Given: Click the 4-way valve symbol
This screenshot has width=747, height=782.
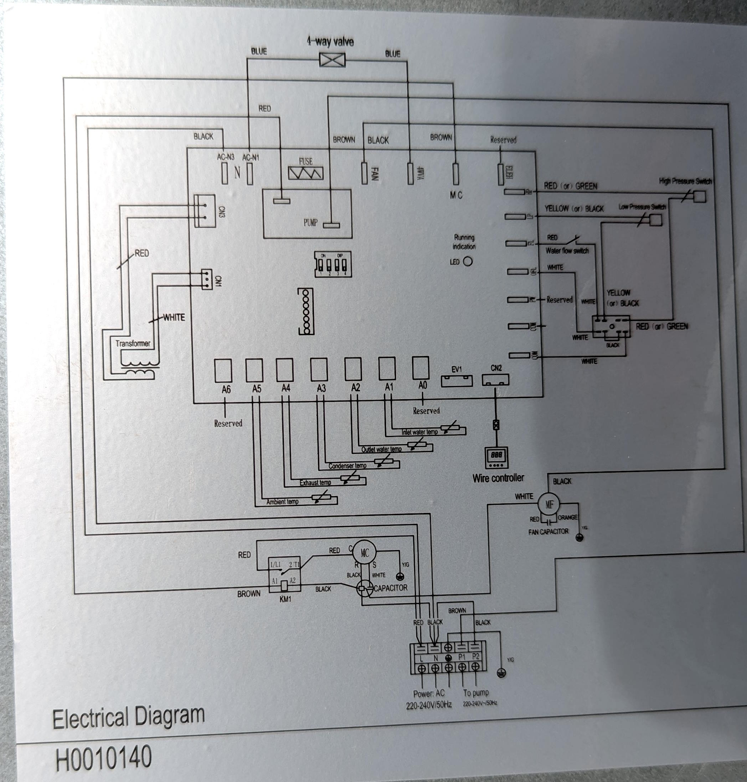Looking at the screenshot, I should (332, 60).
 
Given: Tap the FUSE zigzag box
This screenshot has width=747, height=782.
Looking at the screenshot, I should (305, 173).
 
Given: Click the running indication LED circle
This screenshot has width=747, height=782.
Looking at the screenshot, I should (468, 261).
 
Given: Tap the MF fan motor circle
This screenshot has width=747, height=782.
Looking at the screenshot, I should (549, 504).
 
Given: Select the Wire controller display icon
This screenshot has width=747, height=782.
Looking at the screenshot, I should (496, 458).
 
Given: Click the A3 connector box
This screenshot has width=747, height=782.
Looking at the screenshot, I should (319, 369).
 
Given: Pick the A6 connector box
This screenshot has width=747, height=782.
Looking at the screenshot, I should (223, 371).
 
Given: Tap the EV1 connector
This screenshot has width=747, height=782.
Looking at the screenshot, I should (457, 381).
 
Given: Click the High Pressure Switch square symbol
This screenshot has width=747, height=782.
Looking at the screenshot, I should (700, 196).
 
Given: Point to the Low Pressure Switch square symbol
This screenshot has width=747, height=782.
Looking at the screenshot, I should (655, 220).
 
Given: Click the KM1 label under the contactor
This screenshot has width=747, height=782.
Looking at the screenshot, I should (285, 599).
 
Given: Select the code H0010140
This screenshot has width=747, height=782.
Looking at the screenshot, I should (103, 757).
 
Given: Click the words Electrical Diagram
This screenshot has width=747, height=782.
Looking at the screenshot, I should (128, 716).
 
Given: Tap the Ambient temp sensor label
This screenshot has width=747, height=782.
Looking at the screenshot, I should (282, 501).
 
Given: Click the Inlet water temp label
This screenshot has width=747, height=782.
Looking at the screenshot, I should (419, 432).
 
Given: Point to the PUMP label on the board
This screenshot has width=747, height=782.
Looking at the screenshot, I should (310, 222).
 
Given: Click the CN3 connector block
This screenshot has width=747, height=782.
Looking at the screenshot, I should (205, 211).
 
